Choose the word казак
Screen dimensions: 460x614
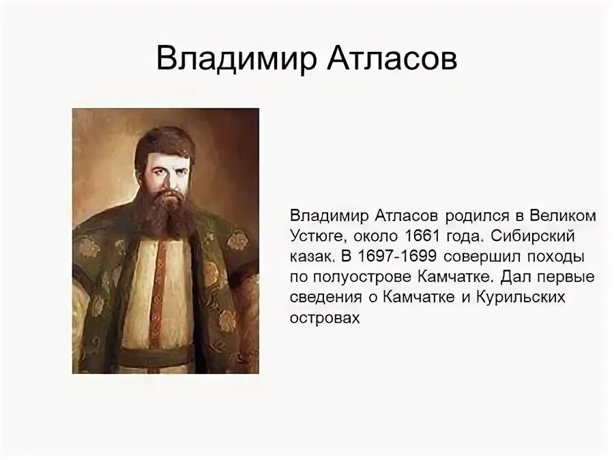314,257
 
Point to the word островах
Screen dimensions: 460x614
324,319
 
